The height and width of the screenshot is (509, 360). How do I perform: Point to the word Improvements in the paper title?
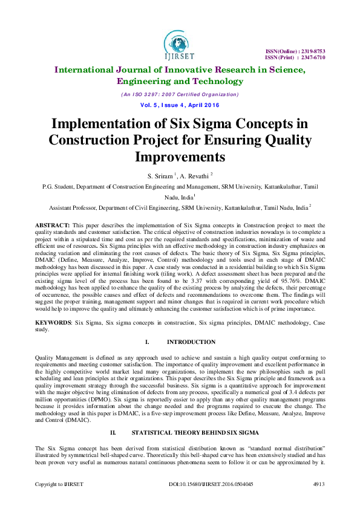coord(180,157)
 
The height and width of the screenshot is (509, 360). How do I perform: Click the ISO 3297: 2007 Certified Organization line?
coord(180,94)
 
